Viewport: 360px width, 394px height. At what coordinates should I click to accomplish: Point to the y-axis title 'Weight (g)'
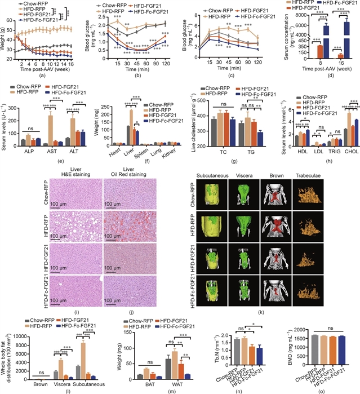[4, 43]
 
